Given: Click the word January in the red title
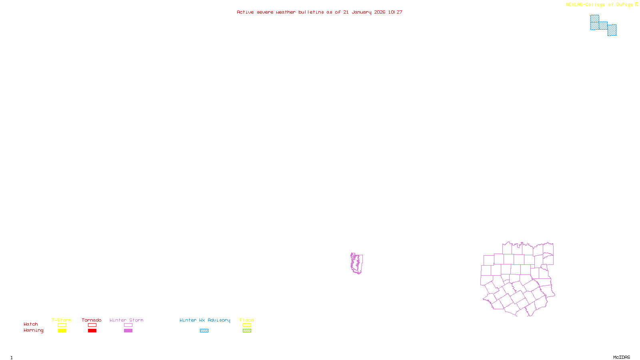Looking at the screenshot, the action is click(x=361, y=12).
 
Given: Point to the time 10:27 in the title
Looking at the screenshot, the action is click(x=395, y=12).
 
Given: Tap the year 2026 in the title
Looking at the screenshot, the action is click(x=380, y=12).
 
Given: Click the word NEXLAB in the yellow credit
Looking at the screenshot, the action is click(x=575, y=5).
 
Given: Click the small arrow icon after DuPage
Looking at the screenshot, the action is click(x=637, y=4).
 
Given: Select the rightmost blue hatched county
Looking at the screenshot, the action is click(x=612, y=30).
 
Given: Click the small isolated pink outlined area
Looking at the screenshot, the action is click(x=356, y=263).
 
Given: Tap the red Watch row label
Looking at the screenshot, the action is click(x=31, y=324).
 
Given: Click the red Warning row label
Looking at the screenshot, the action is click(x=34, y=330).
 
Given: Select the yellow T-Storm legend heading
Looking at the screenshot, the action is click(x=62, y=320).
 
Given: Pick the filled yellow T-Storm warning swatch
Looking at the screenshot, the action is click(x=62, y=331).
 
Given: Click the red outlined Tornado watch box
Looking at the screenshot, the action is click(x=92, y=325).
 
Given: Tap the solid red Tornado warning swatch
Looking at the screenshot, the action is click(x=92, y=331).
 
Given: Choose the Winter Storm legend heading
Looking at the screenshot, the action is click(x=126, y=320).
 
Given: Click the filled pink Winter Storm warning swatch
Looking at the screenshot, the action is click(x=128, y=331).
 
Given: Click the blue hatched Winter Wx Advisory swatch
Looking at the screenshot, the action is click(x=204, y=331).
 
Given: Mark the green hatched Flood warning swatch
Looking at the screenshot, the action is click(x=247, y=331).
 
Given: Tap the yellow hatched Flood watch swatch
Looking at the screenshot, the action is click(x=247, y=325).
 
